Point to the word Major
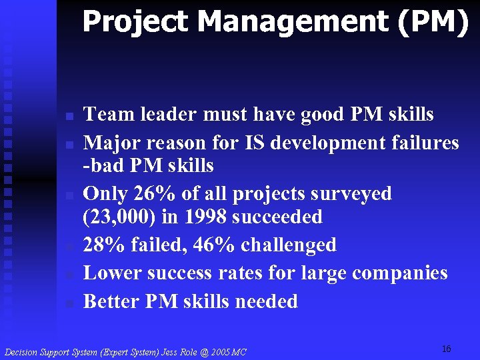[x=109, y=143]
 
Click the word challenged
[x=289, y=245]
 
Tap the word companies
[x=400, y=273]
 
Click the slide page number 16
[x=446, y=349]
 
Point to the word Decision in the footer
[x=21, y=352]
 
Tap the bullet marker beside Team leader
[x=69, y=117]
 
